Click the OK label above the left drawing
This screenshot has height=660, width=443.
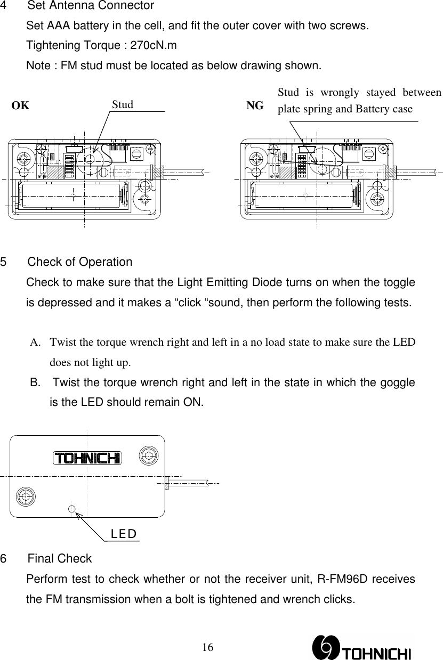21,105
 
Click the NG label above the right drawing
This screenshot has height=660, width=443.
254,105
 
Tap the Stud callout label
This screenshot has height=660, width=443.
123,104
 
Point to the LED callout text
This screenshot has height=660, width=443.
124,534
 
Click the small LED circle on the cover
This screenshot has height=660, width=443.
71,508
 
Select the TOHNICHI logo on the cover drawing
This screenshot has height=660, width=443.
87,458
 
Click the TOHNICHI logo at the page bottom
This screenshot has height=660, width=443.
363,646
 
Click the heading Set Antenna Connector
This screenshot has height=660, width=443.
91,6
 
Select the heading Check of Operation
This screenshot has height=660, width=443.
80,262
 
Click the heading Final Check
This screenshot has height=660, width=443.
60,559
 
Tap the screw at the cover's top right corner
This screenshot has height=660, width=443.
148,454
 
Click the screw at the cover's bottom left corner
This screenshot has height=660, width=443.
25,496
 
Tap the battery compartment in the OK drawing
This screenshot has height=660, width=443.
71,195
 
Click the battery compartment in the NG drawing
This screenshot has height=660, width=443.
304,195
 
